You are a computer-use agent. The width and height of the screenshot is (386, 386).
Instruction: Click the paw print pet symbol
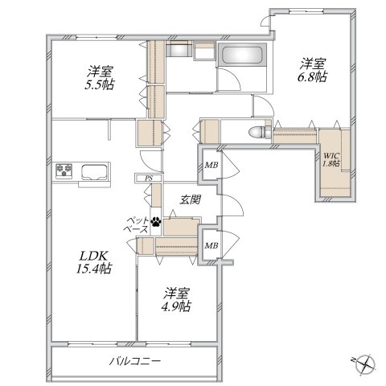156,222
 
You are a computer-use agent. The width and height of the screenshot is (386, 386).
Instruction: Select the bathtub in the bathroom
242,55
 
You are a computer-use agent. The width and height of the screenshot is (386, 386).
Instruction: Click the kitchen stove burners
64,170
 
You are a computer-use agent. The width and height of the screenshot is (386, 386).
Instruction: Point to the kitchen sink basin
94,171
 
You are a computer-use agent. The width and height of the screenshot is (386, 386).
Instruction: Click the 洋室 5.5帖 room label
100,78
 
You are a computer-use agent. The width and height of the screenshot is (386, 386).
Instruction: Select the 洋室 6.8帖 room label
313,70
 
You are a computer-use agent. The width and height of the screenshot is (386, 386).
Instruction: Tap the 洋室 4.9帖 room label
177,300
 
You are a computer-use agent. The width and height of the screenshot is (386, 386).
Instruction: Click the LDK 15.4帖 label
93,262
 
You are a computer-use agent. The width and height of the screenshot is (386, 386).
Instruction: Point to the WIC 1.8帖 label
331,160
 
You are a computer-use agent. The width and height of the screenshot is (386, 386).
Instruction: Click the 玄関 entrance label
190,199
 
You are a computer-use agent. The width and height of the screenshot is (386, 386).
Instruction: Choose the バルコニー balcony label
135,361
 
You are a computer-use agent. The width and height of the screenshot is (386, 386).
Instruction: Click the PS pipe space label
149,179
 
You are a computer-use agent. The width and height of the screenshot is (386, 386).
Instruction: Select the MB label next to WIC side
211,165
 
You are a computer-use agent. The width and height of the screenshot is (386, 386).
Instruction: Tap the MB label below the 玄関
211,245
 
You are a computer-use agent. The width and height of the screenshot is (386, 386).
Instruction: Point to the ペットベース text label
136,225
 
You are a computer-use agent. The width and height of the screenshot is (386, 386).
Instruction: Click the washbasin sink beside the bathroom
204,50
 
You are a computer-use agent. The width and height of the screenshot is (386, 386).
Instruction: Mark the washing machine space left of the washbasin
179,49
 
